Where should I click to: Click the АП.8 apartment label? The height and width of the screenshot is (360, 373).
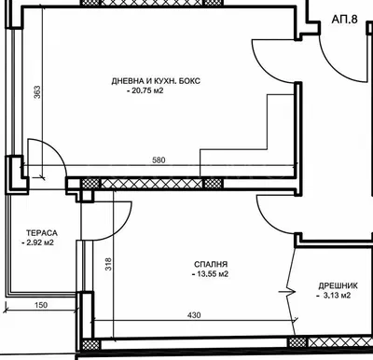346,18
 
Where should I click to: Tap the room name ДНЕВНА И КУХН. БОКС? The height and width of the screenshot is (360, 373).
156,81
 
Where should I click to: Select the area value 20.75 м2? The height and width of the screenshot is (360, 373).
140,91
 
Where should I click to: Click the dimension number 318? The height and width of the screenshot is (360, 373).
108,264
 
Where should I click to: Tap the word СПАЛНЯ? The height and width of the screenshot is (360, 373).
208,265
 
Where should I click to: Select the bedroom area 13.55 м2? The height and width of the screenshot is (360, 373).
211,275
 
